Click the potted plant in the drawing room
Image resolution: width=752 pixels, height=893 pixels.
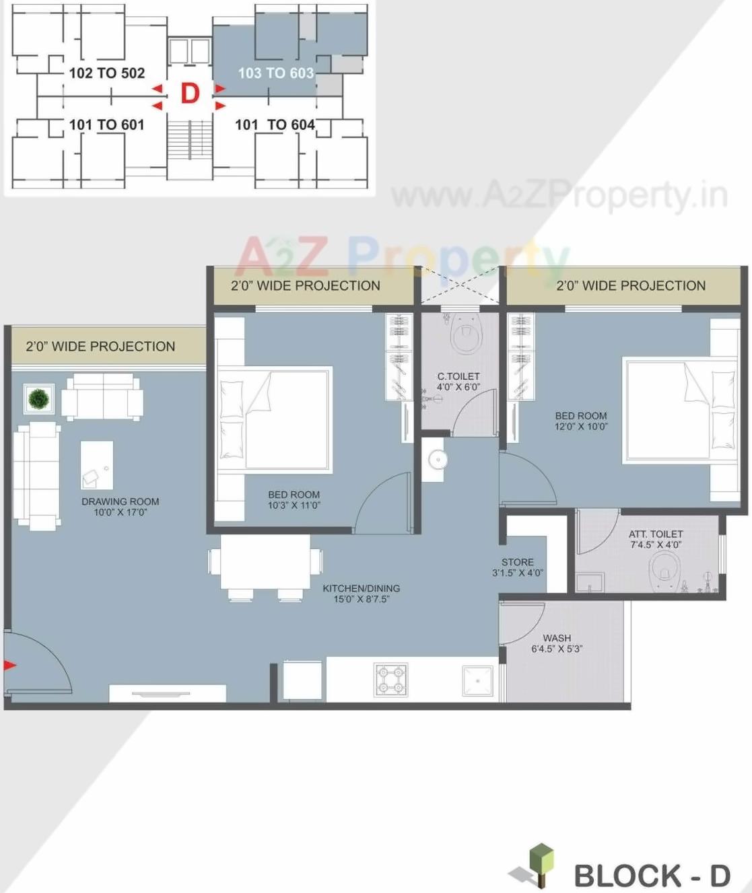39,399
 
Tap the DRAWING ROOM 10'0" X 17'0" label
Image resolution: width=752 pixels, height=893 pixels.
120,507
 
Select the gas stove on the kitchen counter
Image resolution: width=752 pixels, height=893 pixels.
391,680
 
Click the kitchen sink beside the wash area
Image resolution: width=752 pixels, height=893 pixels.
477,681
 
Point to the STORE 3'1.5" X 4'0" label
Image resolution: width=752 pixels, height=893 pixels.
517,567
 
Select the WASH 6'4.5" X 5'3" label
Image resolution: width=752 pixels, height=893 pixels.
557,643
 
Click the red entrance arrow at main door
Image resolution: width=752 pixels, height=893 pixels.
9,666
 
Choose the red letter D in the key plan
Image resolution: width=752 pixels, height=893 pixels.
190,94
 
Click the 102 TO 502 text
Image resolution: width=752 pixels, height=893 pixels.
106,73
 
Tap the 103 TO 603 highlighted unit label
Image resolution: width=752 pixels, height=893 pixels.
276,73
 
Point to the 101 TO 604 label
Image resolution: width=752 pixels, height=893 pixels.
275,124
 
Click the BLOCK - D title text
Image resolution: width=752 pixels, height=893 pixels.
652,876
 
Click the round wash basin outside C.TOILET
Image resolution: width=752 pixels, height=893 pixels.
438,460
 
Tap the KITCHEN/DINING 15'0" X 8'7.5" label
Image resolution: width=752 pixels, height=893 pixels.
362,594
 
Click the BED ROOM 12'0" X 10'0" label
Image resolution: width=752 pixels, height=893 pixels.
580,421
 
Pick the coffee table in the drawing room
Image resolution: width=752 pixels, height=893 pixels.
97,465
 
